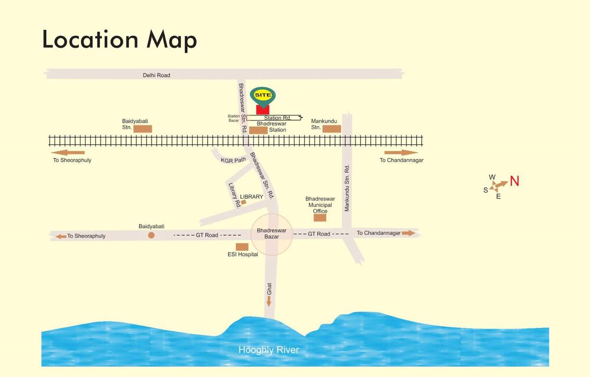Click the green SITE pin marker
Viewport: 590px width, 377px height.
263,96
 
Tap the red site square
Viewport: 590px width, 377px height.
263,109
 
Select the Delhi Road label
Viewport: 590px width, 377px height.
156,75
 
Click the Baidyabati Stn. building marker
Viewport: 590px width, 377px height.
143,129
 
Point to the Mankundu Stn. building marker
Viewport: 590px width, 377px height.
332,129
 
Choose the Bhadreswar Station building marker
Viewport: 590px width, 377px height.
258,130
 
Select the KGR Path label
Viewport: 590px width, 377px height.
233,161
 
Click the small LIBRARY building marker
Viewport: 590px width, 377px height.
243,202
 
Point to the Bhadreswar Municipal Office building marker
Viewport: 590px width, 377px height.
320,217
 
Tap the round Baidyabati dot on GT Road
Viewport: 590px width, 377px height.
152,235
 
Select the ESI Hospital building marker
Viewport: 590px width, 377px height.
242,246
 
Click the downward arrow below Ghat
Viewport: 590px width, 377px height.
269,301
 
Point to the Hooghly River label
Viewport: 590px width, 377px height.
268,350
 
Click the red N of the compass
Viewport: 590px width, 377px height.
514,181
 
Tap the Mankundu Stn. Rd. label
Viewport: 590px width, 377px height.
347,188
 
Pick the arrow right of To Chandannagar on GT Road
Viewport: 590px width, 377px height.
408,233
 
